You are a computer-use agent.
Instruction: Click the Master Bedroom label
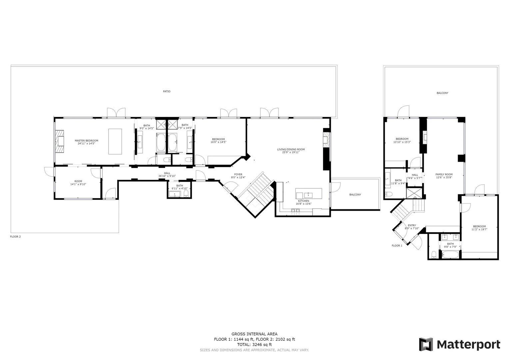click(x=86, y=142)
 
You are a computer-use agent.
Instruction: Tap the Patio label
click(x=167, y=91)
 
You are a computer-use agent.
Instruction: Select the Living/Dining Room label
click(x=291, y=151)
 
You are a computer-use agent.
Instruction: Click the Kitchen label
click(x=303, y=202)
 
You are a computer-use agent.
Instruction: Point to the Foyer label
click(x=238, y=176)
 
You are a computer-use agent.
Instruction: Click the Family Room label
click(x=444, y=176)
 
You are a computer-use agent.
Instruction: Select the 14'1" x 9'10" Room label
click(x=78, y=183)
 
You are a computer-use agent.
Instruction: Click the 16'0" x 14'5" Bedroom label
click(x=218, y=141)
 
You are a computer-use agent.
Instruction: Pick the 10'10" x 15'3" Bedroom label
click(x=402, y=140)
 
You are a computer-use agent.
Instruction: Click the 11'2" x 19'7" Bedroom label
click(x=479, y=228)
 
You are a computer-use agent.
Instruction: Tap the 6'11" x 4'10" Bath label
click(x=180, y=187)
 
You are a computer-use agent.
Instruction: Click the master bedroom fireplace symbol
click(x=60, y=142)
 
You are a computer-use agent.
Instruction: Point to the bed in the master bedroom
click(x=115, y=142)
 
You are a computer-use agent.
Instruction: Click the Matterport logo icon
click(x=426, y=344)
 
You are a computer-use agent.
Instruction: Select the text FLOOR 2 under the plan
click(x=15, y=237)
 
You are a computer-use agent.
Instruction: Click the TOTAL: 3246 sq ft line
click(x=254, y=345)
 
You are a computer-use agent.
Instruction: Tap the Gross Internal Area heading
click(x=254, y=334)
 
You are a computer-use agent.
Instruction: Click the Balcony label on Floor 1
click(x=442, y=93)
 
